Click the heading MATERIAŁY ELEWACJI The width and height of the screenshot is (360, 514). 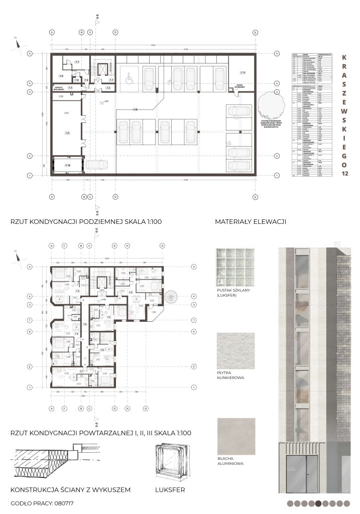pyautogui.click(x=250, y=221)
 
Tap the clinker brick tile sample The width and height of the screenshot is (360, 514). pyautogui.click(x=235, y=351)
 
